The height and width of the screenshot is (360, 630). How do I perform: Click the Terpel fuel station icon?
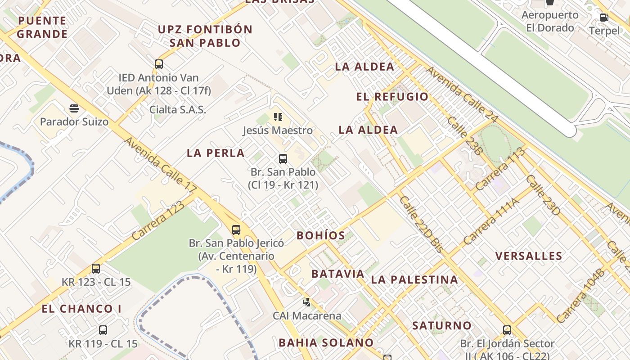(x=604, y=18)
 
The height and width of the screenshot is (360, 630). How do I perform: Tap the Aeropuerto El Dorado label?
(x=550, y=21)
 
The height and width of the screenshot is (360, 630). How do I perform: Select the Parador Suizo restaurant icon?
(x=74, y=108)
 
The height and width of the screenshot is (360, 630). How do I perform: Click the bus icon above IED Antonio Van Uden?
(x=159, y=64)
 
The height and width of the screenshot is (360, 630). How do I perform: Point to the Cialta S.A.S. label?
(x=178, y=109)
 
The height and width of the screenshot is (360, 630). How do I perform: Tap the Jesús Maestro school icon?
(x=278, y=117)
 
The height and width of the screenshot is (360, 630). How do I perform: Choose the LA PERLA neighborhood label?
(x=216, y=153)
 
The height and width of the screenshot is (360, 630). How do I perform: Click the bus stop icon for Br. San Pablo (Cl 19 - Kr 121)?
(x=283, y=158)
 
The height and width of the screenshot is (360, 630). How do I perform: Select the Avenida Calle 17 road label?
(x=160, y=162)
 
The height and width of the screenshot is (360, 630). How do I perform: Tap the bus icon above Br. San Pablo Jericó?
(x=236, y=230)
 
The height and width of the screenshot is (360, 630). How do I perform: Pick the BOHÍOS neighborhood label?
(x=321, y=235)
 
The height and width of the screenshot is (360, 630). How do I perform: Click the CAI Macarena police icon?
(x=307, y=302)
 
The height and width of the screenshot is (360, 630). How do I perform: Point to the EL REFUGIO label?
(x=392, y=97)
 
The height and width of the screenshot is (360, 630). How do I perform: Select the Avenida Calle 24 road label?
(x=462, y=94)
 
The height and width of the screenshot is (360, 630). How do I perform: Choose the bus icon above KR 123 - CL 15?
(x=96, y=269)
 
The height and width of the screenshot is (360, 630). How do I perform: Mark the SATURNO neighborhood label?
(x=442, y=325)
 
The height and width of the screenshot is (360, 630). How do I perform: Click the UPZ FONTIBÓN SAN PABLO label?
(x=205, y=36)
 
